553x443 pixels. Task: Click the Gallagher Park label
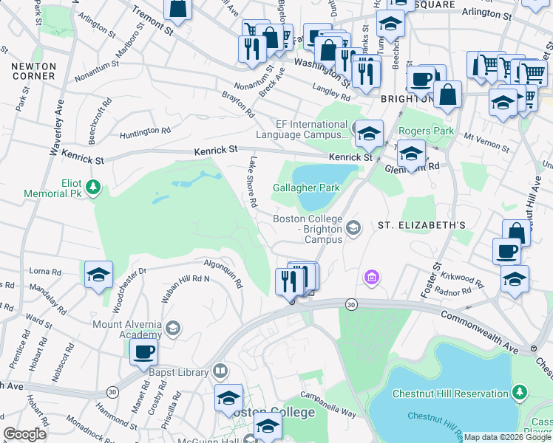[307, 188]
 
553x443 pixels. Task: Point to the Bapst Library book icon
[220, 371]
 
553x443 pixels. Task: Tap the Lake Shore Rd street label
[253, 181]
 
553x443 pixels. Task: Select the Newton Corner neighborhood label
[33, 71]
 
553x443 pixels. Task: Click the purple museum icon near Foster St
[372, 277]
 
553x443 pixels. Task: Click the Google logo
[24, 434]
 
